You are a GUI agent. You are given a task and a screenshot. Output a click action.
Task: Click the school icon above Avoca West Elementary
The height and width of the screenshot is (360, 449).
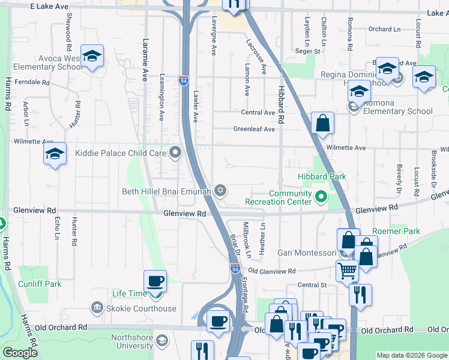pos(92,56)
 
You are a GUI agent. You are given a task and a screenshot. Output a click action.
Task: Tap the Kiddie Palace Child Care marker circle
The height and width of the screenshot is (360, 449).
pos(175,152)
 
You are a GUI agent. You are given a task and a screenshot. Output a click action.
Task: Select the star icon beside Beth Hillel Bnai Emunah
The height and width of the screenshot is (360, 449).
pos(220,191)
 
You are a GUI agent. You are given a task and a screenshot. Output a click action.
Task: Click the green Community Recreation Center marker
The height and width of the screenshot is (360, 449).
pos(321,196)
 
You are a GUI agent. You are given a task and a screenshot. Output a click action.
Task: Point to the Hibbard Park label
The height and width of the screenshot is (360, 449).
pos(322,176)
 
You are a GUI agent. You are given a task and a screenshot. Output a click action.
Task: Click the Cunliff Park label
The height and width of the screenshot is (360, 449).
pos(40,284)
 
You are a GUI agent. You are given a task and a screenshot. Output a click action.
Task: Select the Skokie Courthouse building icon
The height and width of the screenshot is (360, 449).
pos(97,308)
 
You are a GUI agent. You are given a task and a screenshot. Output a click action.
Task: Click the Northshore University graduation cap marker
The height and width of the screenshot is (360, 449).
pos(161,341)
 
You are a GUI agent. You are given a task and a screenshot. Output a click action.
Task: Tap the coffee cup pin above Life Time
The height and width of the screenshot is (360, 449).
pos(155,281)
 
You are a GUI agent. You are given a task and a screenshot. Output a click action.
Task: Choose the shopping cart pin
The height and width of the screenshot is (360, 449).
pos(346,271)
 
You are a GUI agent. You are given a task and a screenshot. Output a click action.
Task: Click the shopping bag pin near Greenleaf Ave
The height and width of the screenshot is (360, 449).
pos(322,124)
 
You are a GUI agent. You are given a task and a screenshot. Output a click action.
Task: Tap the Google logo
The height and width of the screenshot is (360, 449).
pos(20,353)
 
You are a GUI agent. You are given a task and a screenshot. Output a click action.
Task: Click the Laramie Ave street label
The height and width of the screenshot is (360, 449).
pos(145,61)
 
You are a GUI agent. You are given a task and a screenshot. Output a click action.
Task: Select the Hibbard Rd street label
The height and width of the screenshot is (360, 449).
pos(280,105)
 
